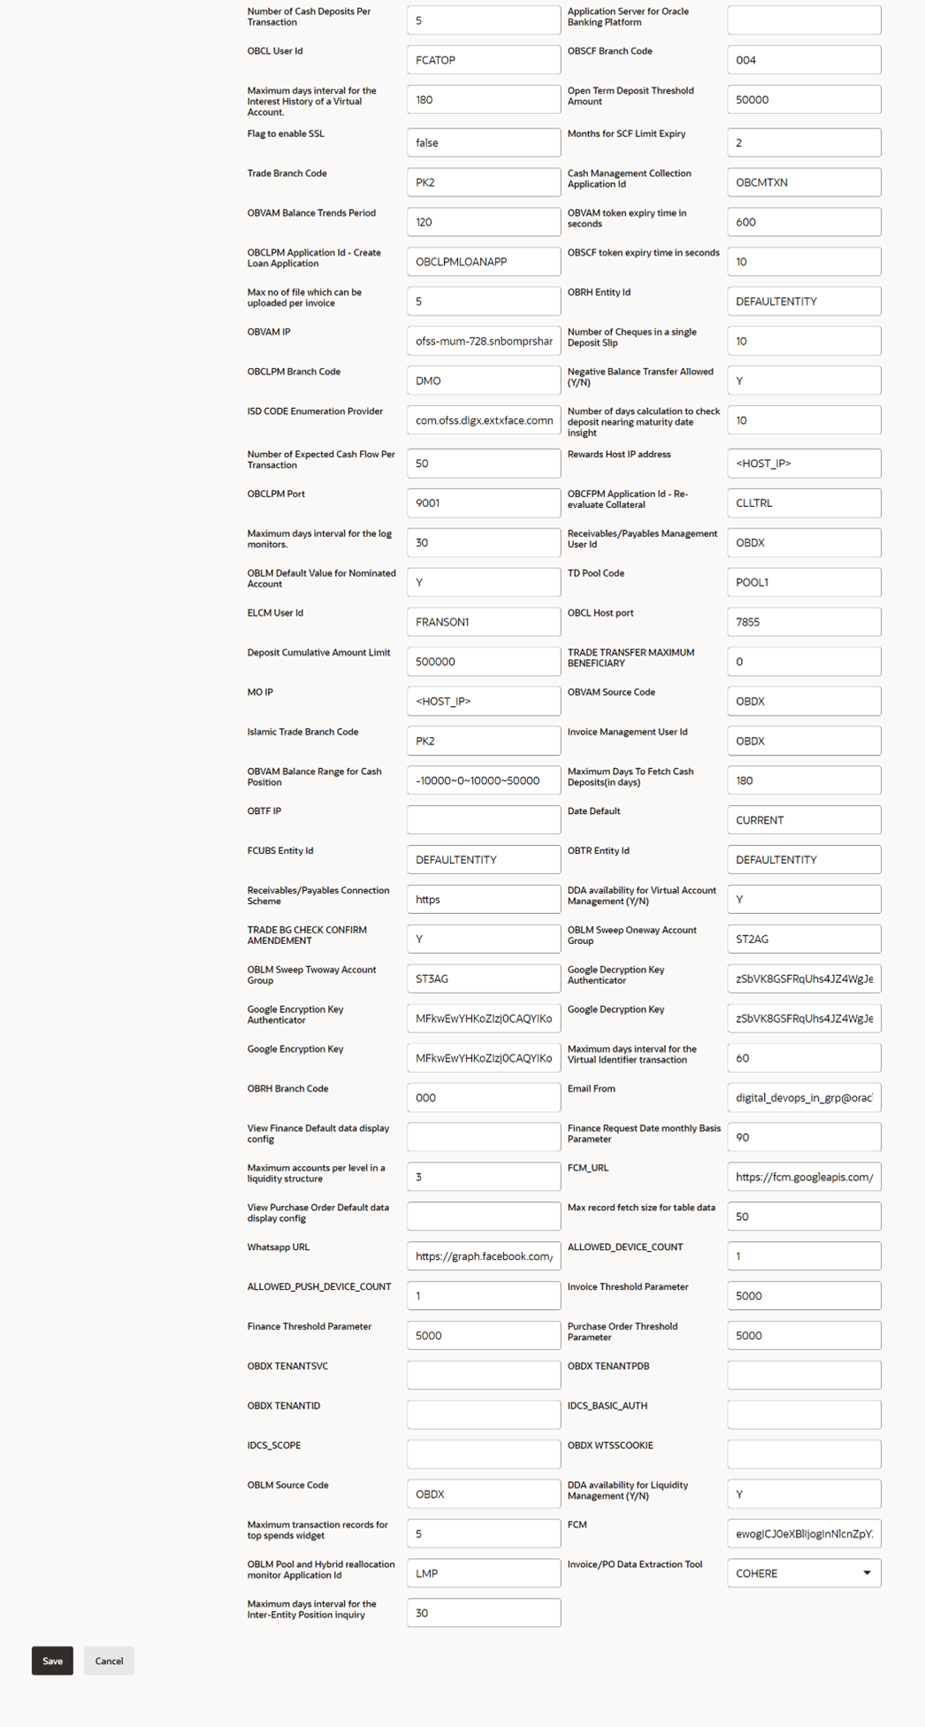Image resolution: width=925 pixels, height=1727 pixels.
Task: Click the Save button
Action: click(52, 1661)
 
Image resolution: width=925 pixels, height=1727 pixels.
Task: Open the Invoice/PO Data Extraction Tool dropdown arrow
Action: click(867, 1573)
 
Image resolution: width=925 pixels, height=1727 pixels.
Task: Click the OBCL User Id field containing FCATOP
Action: click(483, 60)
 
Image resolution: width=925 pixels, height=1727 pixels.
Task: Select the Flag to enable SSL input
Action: click(483, 142)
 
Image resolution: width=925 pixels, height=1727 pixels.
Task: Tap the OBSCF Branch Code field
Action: click(803, 60)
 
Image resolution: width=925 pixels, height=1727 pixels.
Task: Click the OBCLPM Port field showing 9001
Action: click(483, 503)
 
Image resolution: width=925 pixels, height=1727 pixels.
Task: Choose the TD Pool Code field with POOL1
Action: click(803, 582)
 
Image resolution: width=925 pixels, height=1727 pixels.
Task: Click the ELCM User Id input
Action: click(483, 622)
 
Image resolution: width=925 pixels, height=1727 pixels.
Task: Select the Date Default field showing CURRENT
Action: click(803, 820)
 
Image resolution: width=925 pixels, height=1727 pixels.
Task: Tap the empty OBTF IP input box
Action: click(483, 820)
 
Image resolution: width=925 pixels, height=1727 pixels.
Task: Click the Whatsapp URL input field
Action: click(483, 1256)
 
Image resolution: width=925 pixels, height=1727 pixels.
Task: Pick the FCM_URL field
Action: click(803, 1177)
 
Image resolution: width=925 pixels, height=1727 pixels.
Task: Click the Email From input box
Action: click(803, 1098)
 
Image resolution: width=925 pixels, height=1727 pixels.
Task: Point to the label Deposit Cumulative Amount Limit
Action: click(318, 653)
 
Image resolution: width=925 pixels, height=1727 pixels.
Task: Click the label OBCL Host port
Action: click(600, 613)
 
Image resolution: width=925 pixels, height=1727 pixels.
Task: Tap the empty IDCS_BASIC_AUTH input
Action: click(803, 1415)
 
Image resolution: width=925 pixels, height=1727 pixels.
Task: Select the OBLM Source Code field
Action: click(483, 1494)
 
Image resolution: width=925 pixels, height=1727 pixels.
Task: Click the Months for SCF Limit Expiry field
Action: click(803, 142)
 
